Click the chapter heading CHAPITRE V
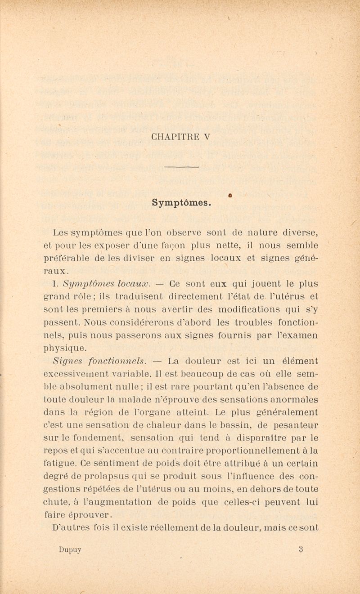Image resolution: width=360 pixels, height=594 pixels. (x=181, y=137)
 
